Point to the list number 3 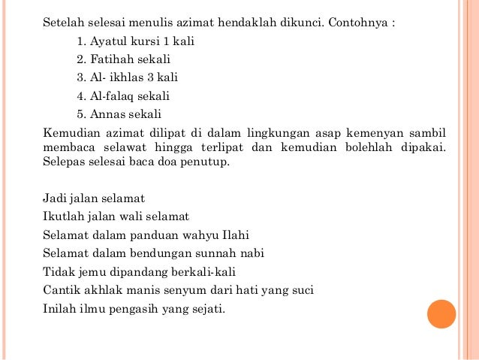click(x=80, y=77)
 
